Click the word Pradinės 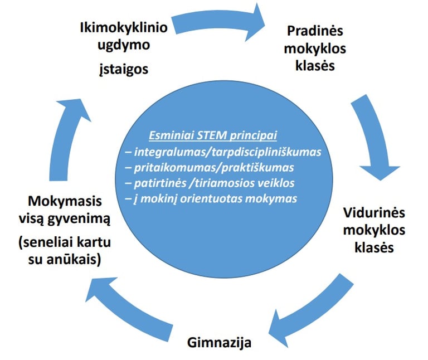[315, 31]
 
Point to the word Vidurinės [366, 213]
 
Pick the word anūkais [77, 260]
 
